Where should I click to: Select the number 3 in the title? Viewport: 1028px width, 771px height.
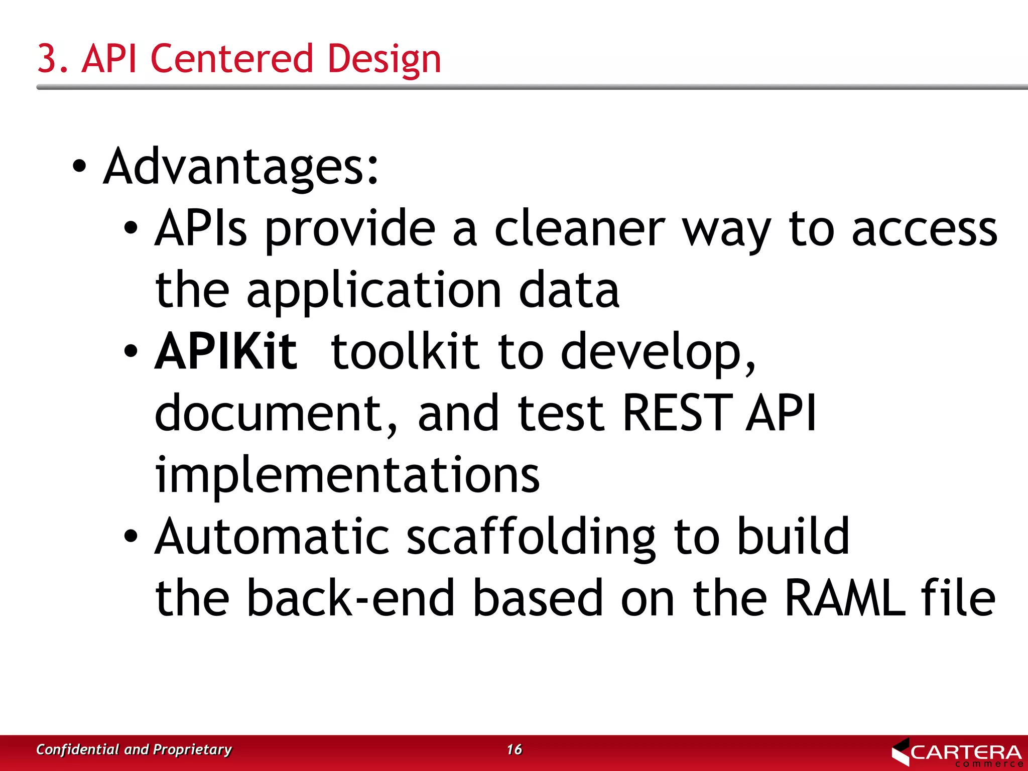coord(47,59)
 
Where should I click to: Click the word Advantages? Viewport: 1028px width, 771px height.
coord(240,167)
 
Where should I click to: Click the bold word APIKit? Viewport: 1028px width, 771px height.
coord(226,351)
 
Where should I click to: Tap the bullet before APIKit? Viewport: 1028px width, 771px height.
coord(131,351)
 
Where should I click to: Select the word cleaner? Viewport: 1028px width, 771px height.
coord(580,229)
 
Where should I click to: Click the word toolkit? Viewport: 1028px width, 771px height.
coord(405,351)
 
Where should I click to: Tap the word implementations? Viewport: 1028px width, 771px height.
coord(347,475)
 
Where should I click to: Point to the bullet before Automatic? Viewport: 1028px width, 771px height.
coord(131,537)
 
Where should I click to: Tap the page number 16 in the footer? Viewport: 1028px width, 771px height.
coord(514,749)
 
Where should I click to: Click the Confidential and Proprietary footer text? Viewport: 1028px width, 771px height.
coord(134,749)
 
